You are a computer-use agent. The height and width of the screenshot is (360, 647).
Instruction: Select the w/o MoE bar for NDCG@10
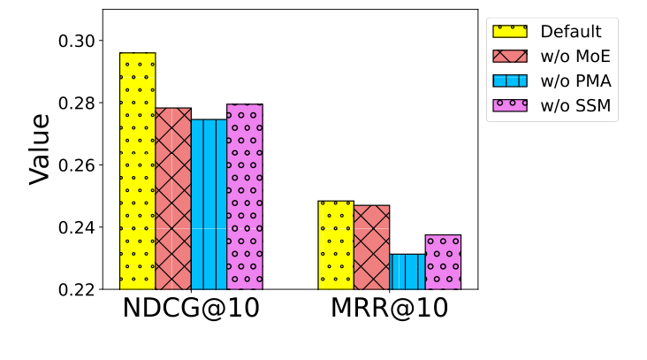tap(173, 199)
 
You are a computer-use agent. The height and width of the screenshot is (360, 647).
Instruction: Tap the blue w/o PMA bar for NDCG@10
tap(209, 204)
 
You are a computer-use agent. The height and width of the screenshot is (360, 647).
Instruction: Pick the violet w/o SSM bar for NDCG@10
tap(245, 196)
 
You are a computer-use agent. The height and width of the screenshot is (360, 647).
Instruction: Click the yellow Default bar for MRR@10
tap(336, 245)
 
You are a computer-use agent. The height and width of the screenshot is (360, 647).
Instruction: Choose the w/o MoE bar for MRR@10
tap(371, 247)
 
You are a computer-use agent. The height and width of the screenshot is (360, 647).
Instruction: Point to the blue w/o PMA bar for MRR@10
tap(407, 272)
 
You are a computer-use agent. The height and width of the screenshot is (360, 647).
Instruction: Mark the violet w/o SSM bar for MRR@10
tap(443, 262)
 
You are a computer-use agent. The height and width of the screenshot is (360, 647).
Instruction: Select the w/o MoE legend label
tap(575, 57)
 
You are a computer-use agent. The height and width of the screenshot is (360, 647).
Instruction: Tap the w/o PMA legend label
tap(575, 81)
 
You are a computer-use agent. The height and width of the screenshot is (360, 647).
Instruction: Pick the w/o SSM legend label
tap(575, 106)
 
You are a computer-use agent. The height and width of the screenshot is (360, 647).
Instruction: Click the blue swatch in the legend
tap(510, 81)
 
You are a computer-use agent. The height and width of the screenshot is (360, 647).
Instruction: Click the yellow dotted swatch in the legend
tap(510, 32)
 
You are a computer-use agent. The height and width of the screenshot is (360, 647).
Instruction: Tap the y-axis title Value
tap(40, 148)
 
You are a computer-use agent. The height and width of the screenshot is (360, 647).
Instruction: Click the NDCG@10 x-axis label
tap(191, 310)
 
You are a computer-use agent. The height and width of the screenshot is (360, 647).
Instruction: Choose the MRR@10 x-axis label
tap(389, 310)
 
